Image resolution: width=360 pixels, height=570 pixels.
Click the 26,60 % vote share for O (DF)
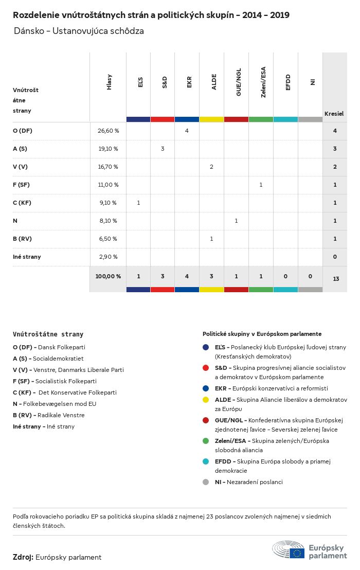[108, 131]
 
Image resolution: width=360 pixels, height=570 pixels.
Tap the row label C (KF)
[22, 203]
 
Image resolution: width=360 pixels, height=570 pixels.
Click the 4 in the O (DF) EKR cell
[187, 131]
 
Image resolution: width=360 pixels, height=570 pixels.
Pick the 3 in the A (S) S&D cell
[163, 149]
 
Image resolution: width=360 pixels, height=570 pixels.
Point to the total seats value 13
[336, 279]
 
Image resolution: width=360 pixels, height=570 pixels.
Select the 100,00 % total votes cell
[108, 276]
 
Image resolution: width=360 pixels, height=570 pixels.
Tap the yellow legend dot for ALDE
[206, 400]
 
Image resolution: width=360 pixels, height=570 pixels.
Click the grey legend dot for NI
[206, 482]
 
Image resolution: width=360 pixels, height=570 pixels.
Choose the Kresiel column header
[334, 114]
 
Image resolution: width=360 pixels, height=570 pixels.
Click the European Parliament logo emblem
[289, 550]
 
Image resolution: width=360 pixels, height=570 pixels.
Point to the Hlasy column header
[109, 82]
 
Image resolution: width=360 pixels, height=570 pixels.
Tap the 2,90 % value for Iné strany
[108, 257]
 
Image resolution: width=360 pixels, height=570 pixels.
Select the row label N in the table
[15, 221]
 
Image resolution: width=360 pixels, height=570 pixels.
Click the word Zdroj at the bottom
[23, 557]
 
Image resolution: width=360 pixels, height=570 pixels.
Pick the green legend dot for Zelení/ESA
[206, 441]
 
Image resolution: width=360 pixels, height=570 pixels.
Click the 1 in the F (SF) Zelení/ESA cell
[261, 185]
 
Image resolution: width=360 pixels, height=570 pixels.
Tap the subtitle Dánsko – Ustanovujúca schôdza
[79, 31]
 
